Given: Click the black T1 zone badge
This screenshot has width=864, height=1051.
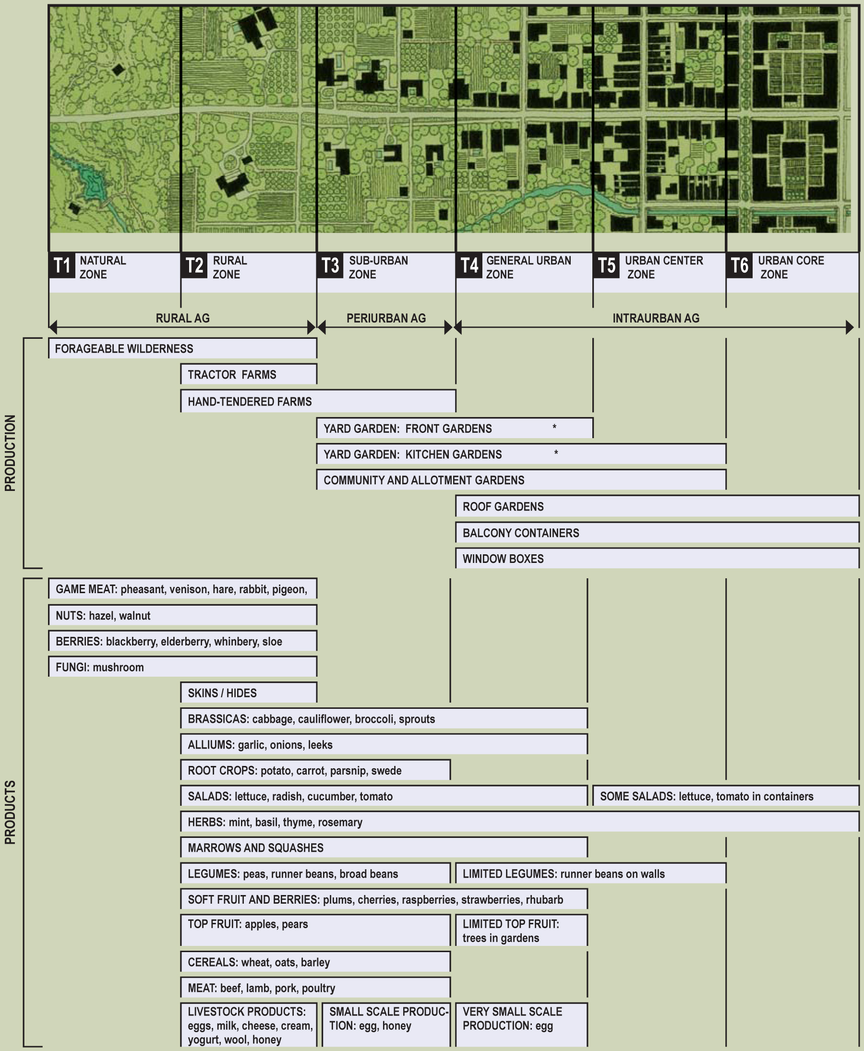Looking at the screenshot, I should point(62,266).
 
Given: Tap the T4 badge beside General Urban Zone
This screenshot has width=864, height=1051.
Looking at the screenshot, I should point(469,266).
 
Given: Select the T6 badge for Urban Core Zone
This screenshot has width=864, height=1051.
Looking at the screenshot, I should point(739,266).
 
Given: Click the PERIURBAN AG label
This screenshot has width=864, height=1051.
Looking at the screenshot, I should point(386,319).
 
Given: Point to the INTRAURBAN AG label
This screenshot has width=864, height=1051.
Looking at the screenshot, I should point(656,319).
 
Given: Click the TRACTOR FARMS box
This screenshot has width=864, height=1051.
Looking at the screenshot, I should point(248,375).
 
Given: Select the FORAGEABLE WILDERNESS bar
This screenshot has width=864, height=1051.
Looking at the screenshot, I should point(182,349).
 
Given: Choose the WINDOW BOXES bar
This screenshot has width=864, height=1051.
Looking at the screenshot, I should point(657,559).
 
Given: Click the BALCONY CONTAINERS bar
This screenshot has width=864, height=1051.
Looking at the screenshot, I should point(657,533).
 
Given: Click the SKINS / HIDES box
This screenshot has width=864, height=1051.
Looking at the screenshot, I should point(248,693).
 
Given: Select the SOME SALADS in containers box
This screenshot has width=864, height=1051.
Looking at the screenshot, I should point(726,796).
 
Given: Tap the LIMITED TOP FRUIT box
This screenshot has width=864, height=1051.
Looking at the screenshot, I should point(521,931).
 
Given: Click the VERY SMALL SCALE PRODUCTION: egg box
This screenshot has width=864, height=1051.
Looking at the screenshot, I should point(521,1025).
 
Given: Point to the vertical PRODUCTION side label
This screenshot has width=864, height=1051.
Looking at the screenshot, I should point(11,454).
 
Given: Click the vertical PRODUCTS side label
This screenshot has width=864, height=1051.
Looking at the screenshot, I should point(11,812).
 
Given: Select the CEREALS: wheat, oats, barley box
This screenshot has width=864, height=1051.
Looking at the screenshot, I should point(315,962).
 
